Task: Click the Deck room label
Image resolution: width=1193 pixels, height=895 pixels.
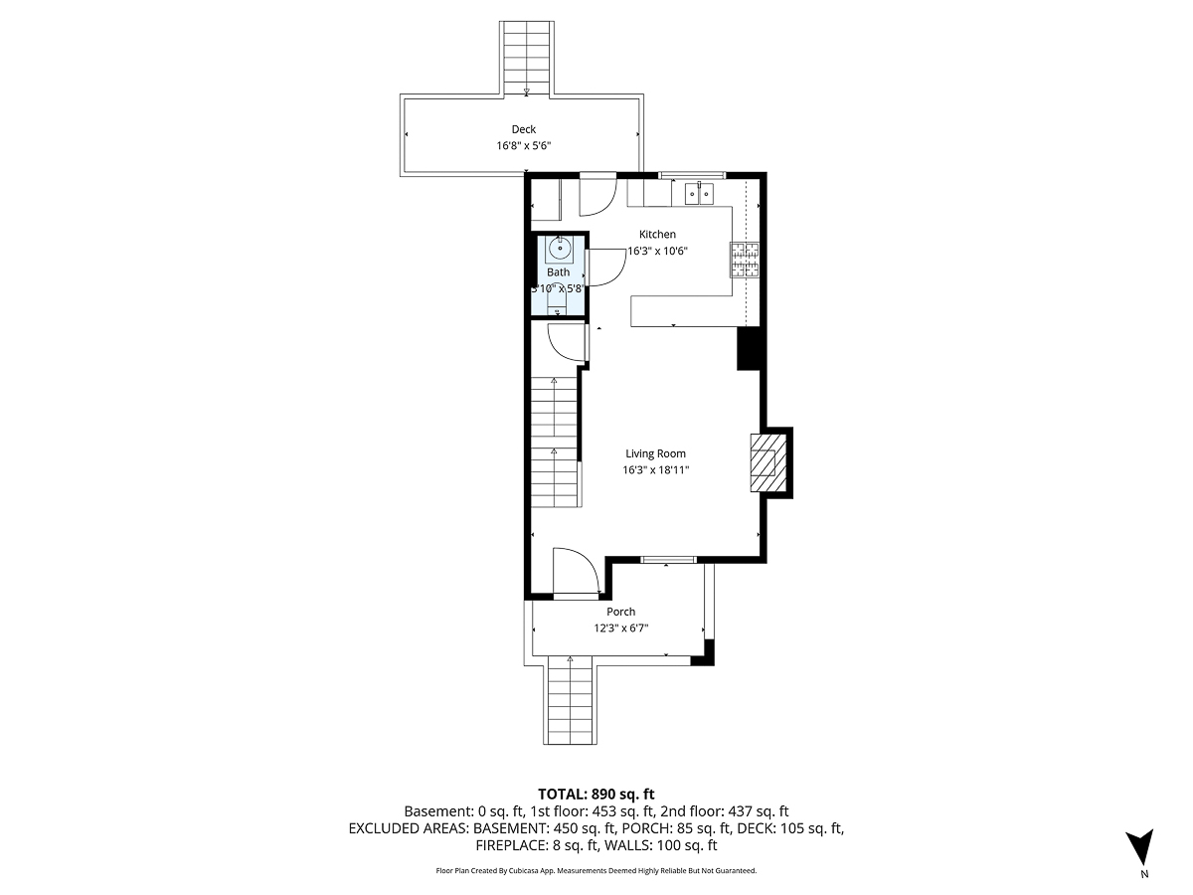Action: [x=524, y=129]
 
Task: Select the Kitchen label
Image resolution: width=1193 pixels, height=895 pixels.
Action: [x=657, y=235]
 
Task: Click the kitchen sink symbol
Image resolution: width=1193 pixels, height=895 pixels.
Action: [x=700, y=192]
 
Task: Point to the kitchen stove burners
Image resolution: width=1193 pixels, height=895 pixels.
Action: [x=745, y=260]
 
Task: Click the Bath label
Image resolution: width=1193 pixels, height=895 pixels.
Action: [x=559, y=272]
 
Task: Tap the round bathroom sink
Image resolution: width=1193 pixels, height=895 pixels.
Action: [x=559, y=249]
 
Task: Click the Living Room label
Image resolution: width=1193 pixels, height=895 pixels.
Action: [x=655, y=453]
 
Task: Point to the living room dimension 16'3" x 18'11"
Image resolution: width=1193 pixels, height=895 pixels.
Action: [x=655, y=470]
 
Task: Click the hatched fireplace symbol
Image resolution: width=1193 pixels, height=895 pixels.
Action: [x=765, y=461]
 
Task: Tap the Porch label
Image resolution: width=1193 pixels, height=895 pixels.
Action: [x=621, y=612]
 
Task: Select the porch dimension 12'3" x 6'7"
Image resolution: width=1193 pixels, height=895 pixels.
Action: [x=621, y=628]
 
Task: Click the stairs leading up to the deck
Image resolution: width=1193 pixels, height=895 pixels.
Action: [x=527, y=55]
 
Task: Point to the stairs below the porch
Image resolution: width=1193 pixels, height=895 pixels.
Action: [x=571, y=701]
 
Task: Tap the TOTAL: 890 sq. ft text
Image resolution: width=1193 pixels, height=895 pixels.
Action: [x=596, y=794]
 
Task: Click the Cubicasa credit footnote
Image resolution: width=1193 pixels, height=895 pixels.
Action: [x=596, y=870]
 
